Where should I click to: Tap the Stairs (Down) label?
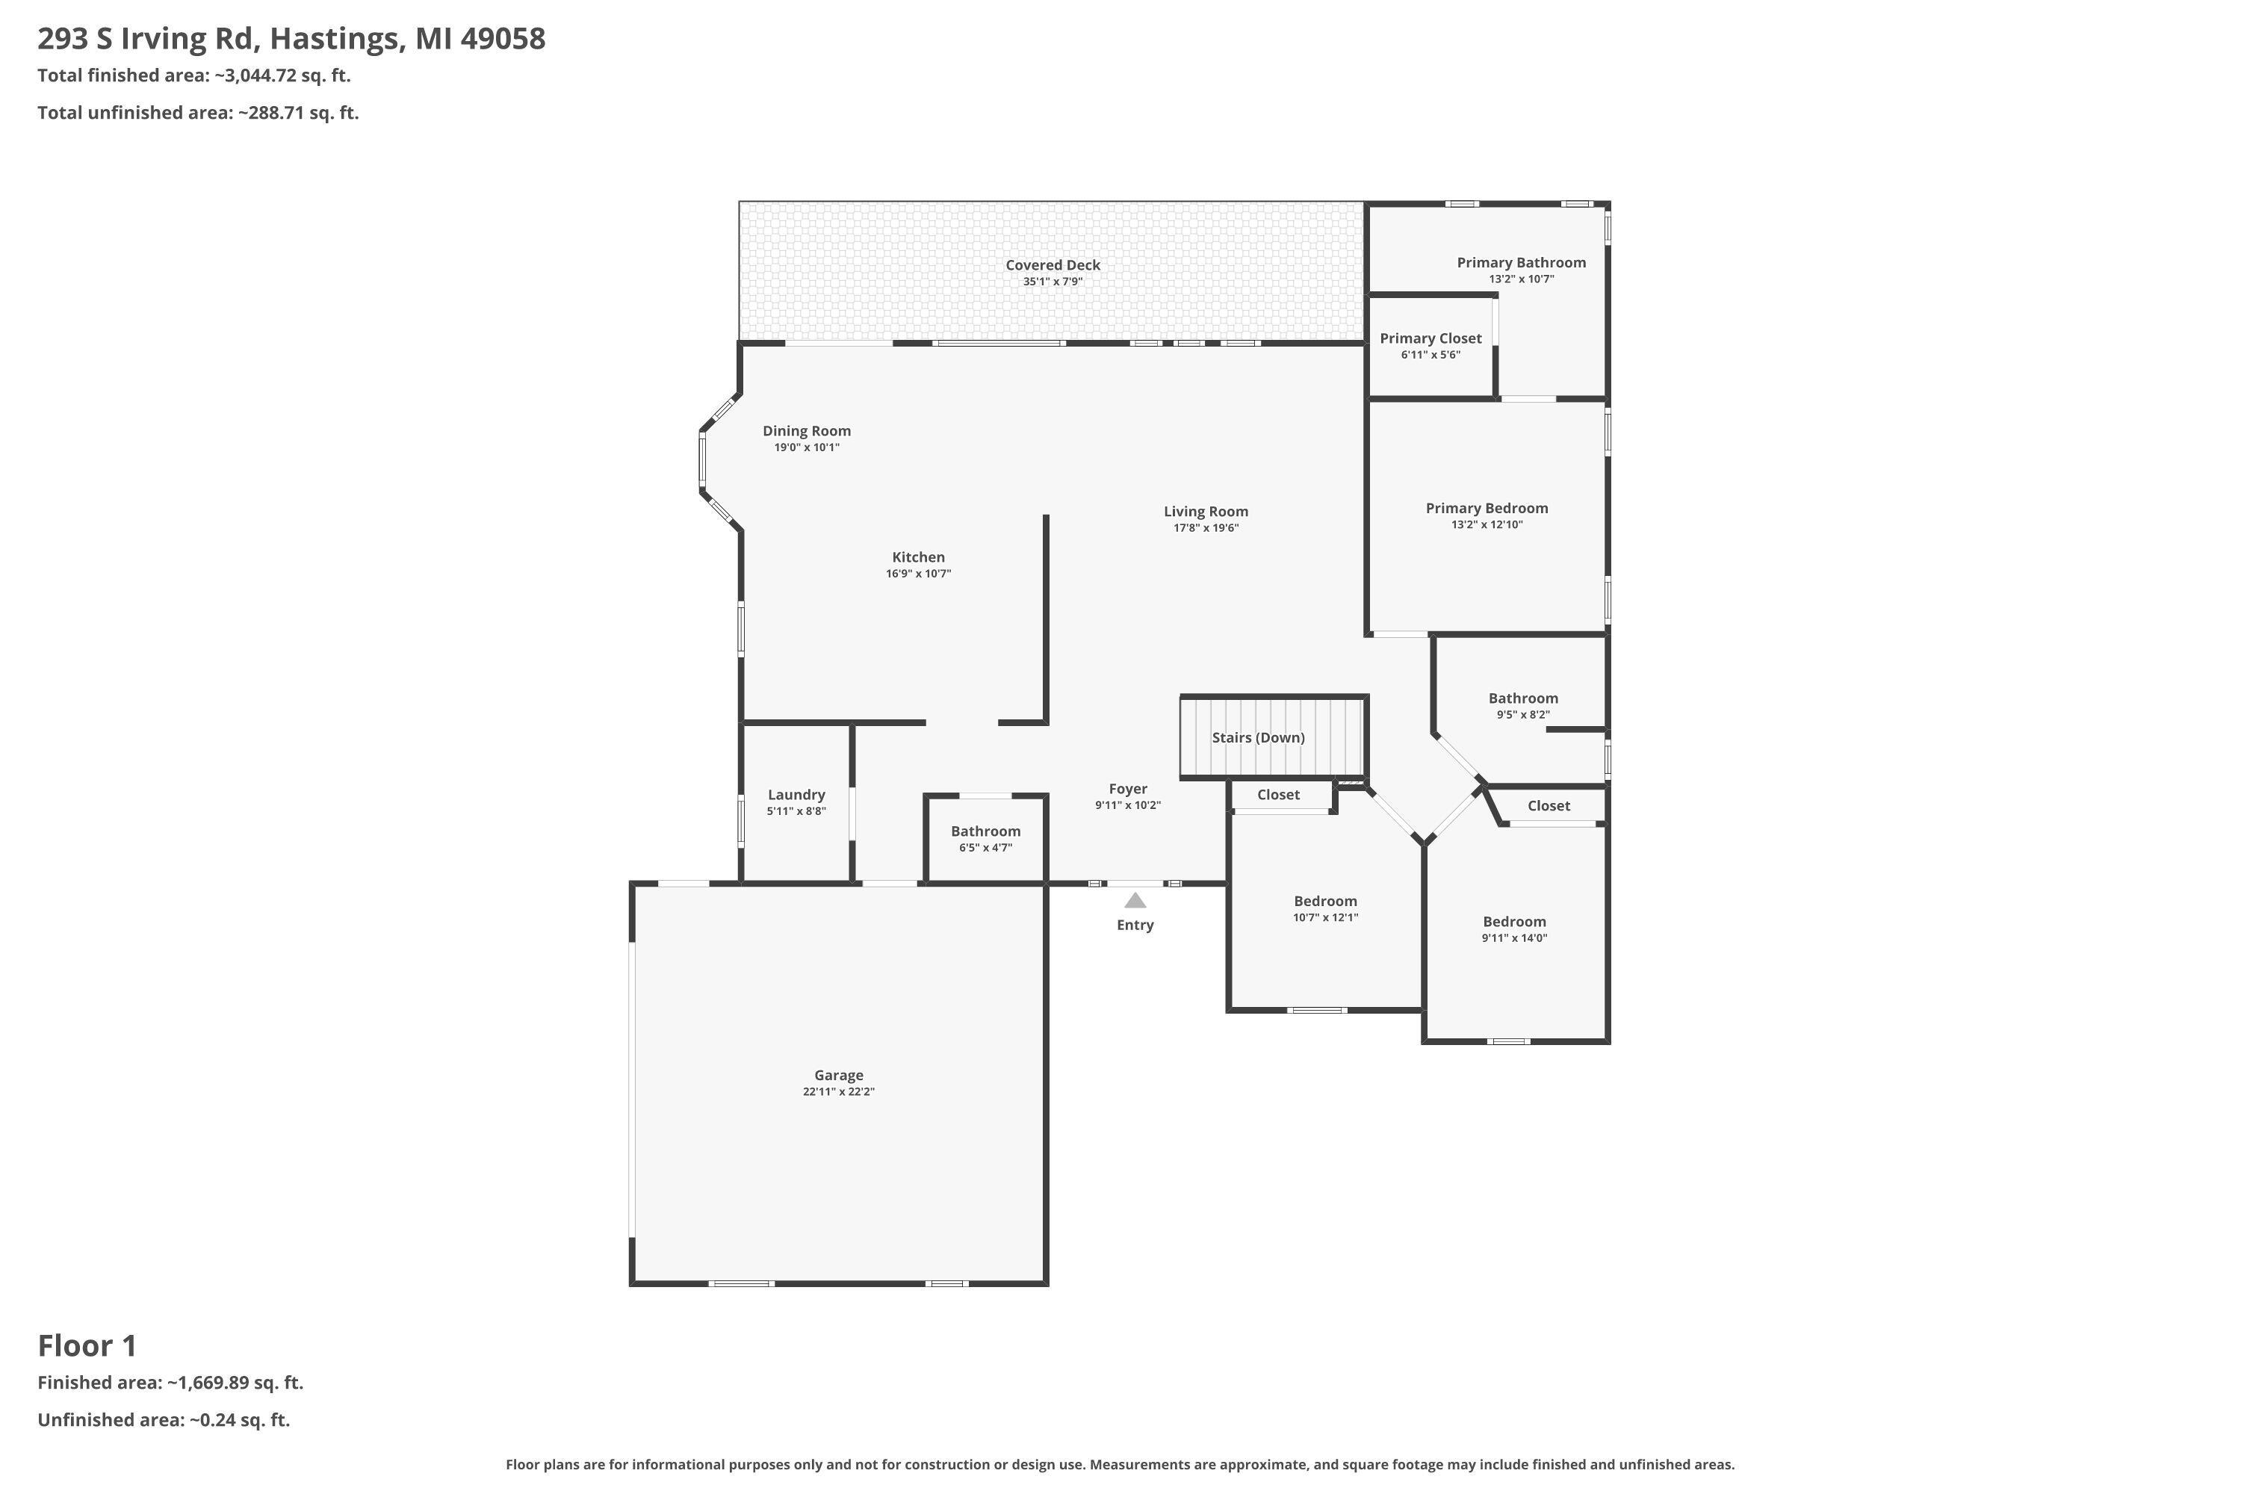[1258, 737]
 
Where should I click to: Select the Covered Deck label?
[1053, 265]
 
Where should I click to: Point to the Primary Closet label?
[1431, 338]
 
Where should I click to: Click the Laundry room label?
[796, 795]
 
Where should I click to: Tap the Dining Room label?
[806, 431]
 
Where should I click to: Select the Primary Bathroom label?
[1521, 262]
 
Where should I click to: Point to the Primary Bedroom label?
[1487, 508]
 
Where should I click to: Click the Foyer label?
[1127, 789]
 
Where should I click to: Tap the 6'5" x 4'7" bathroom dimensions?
[985, 848]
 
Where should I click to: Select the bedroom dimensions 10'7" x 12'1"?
[1325, 917]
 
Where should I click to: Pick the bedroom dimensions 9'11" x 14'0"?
[1514, 937]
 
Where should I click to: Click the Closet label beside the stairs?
[1277, 795]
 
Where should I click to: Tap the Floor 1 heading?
[87, 1346]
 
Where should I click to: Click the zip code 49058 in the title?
[502, 38]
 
